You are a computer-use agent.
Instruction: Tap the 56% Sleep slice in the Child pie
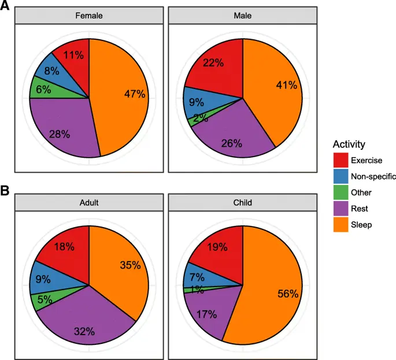(277, 295)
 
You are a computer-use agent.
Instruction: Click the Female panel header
(89, 16)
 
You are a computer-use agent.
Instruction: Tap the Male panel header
(243, 16)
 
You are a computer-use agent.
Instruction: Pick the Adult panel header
(89, 203)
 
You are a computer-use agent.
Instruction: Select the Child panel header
(243, 203)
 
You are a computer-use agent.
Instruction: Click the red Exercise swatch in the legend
(341, 160)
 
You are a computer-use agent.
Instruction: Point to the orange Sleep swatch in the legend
(341, 225)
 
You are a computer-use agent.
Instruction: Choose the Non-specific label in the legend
(374, 176)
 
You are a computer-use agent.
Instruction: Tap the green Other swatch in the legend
(341, 192)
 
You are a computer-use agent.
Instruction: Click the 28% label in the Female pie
(60, 134)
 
